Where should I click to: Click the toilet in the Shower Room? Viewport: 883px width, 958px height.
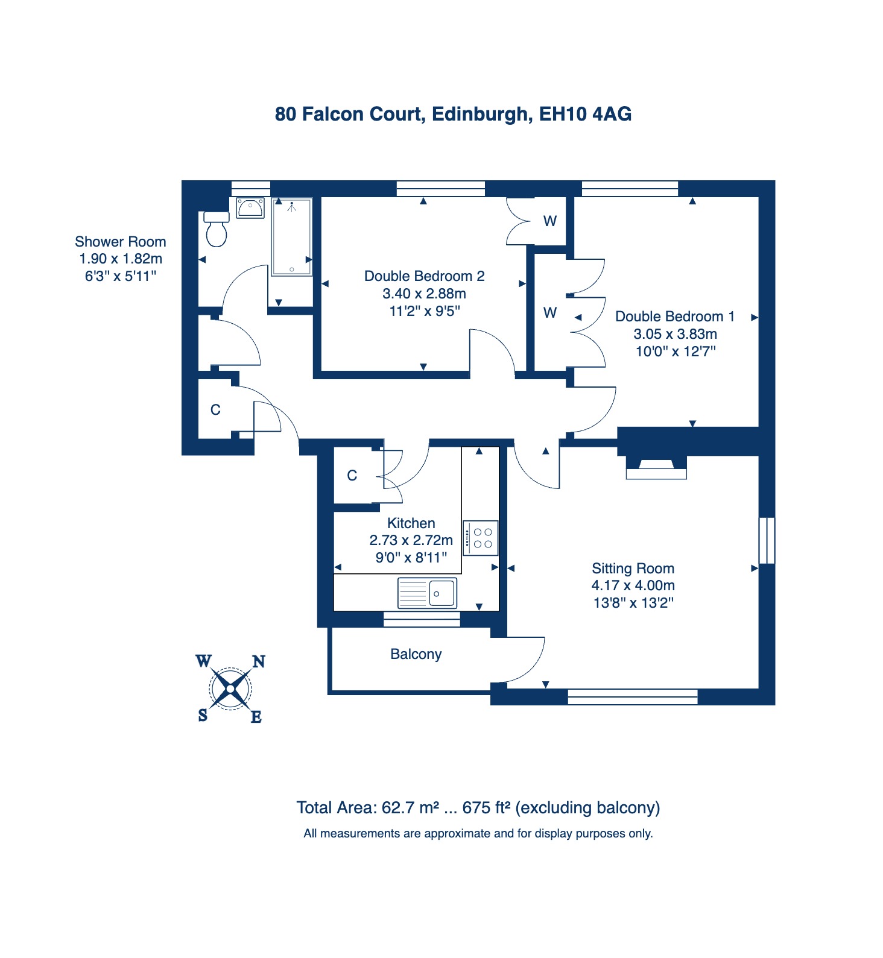[217, 229]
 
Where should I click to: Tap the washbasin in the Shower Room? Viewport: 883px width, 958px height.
[250, 208]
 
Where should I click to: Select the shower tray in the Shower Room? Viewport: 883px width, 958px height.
[292, 237]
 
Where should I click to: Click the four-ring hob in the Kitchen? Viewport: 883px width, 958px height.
[481, 538]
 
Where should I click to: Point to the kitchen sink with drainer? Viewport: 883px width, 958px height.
[427, 593]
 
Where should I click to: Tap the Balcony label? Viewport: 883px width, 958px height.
[416, 654]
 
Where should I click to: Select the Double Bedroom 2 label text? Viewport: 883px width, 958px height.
[425, 276]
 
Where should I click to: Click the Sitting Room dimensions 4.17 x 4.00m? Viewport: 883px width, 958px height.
[633, 585]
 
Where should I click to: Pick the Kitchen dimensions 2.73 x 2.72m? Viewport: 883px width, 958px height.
[411, 540]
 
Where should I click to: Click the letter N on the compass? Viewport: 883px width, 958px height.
[259, 662]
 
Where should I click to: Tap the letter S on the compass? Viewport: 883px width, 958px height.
[203, 715]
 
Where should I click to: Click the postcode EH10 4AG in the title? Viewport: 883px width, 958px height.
[585, 114]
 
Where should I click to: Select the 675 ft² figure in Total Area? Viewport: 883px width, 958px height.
[487, 808]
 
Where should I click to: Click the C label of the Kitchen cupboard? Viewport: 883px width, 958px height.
[352, 476]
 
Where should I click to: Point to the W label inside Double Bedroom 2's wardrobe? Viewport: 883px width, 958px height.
[550, 221]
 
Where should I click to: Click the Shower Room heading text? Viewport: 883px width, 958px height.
[121, 242]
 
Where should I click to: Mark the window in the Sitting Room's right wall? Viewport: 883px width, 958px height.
[767, 540]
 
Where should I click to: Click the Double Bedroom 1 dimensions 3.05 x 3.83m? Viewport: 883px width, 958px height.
[676, 334]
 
